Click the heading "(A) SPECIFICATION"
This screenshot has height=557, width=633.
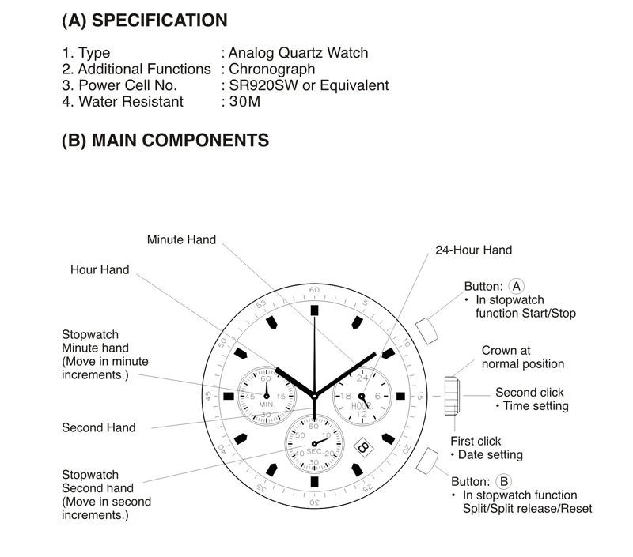[x=144, y=21]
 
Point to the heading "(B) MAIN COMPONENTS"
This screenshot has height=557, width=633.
[x=165, y=141]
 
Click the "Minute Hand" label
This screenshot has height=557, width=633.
[x=181, y=239]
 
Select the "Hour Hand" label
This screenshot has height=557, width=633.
[x=100, y=269]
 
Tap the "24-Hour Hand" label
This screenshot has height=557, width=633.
[x=474, y=250]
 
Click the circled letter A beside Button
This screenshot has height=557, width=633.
[x=517, y=286]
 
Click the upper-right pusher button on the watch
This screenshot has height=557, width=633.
[x=426, y=329]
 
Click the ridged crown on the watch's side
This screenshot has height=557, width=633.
[x=452, y=395]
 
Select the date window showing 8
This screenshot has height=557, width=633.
[x=362, y=447]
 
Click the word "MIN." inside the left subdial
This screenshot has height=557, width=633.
[x=266, y=405]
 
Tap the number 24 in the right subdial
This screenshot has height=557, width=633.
[x=362, y=378]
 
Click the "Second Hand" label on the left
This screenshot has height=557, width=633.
[x=99, y=427]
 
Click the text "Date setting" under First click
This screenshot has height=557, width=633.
[x=491, y=455]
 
